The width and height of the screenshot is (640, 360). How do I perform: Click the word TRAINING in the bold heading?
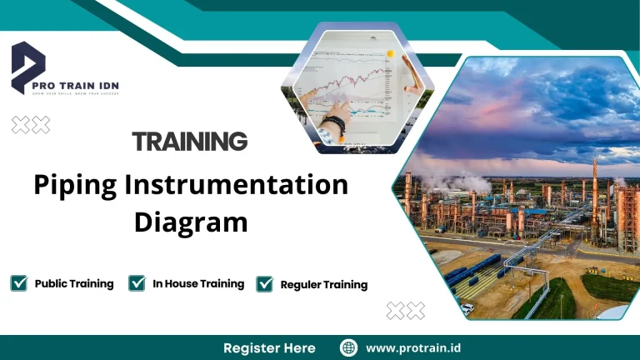(190, 141)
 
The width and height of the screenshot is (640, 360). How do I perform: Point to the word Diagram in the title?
(191, 222)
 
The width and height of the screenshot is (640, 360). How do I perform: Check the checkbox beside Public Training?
(19, 283)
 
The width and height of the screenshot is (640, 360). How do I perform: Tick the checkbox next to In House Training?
(137, 283)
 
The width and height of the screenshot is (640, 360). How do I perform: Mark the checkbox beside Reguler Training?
(265, 284)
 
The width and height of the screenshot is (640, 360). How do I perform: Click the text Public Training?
(74, 283)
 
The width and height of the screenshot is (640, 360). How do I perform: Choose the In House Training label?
(198, 283)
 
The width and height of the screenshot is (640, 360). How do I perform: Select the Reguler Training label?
(324, 284)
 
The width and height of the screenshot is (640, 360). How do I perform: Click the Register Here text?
(269, 347)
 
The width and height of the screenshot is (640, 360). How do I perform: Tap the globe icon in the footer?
(349, 347)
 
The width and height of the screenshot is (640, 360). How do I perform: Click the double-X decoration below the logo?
(31, 125)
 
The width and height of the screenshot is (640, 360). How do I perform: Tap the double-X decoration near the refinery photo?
(405, 311)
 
